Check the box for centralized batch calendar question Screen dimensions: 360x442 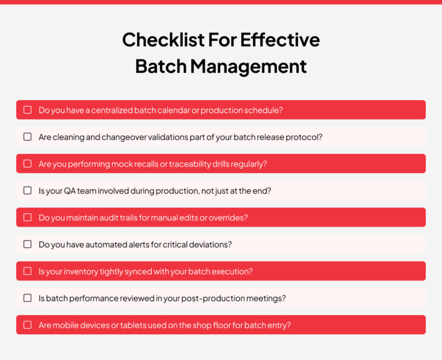(28, 110)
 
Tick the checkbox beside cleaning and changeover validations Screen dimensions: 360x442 (28, 137)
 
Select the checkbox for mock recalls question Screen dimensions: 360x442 (28, 164)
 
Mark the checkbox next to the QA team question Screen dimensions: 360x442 (28, 190)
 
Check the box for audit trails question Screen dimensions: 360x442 (28, 217)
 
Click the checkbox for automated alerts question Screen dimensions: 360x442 (28, 244)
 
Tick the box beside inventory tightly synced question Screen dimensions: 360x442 (28, 271)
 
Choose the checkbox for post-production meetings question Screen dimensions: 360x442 (28, 298)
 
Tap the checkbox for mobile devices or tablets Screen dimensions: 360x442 (28, 325)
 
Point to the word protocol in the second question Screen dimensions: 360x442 (306, 137)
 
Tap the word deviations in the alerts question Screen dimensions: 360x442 (212, 244)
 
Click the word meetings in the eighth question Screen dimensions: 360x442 (267, 298)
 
